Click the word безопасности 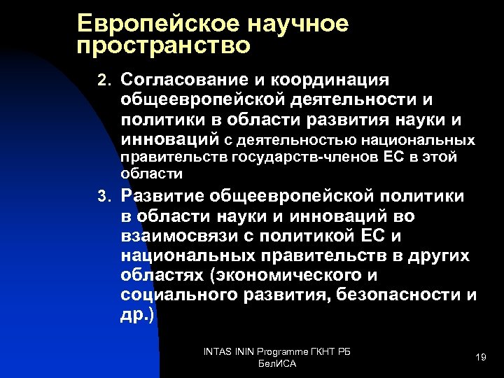(396, 295)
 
